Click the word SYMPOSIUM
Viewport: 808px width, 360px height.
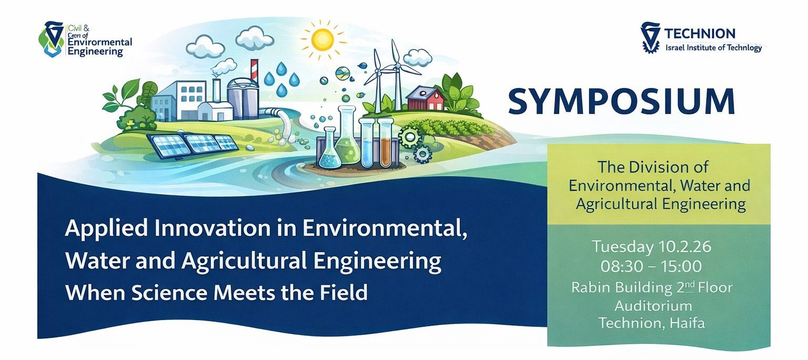click(621, 102)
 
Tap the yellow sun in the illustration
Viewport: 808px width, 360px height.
click(322, 39)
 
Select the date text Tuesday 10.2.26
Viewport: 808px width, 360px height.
click(659, 246)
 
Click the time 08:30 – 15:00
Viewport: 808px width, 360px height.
click(660, 266)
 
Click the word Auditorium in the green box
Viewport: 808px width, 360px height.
click(653, 305)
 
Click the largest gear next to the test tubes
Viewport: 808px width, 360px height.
click(409, 136)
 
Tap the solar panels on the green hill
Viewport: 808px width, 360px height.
click(192, 144)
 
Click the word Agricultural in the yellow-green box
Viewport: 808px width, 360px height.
click(619, 204)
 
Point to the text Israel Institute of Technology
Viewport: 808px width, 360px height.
click(713, 48)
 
